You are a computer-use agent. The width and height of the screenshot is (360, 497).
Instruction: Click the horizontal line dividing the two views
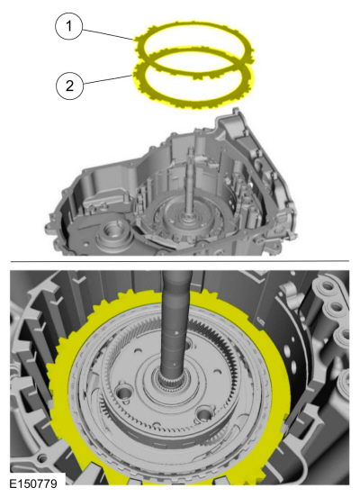click(180, 262)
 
